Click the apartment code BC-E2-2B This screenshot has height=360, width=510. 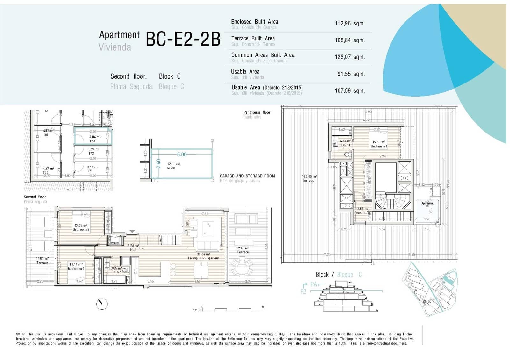[183, 40]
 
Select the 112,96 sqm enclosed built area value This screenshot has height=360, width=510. [349, 24]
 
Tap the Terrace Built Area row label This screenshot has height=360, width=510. [253, 38]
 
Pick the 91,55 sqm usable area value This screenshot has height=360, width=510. [351, 74]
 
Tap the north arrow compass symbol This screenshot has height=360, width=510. [102, 304]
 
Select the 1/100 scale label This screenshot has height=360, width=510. [197, 310]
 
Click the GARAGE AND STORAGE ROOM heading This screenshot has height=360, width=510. [247, 176]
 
